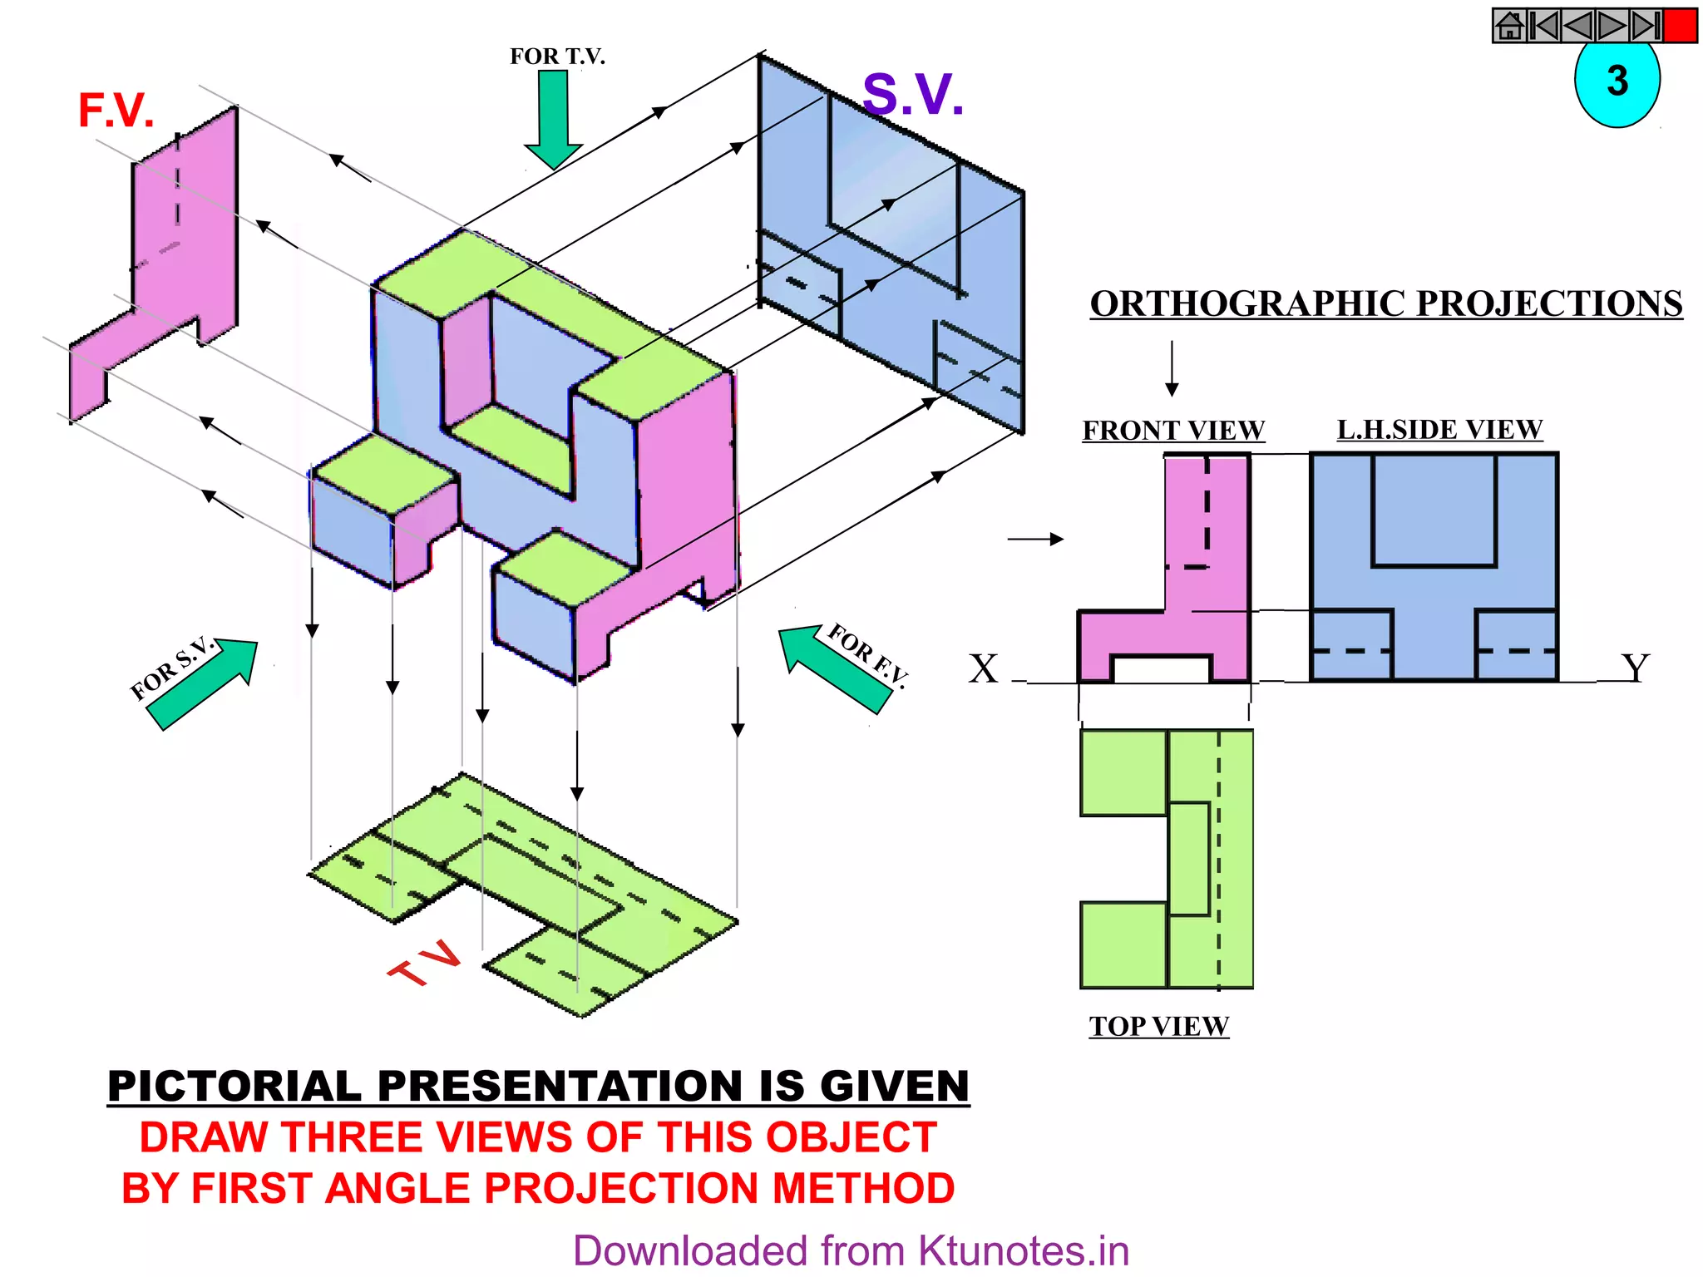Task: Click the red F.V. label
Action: point(116,111)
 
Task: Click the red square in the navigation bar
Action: point(1680,26)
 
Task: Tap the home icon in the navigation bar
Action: point(1509,26)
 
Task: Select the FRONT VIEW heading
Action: point(1172,431)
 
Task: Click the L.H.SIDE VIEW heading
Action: point(1439,430)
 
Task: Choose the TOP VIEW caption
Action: point(1158,1027)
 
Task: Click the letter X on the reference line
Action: point(983,668)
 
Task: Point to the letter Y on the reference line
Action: point(1635,668)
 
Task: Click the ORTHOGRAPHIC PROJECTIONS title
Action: point(1386,304)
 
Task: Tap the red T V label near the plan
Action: point(425,964)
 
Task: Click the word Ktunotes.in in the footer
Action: point(1024,1251)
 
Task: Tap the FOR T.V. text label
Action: point(557,57)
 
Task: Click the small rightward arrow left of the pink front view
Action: point(1035,540)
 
